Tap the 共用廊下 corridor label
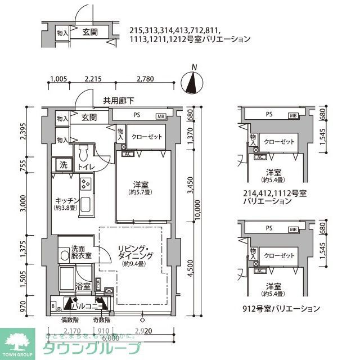(118, 101)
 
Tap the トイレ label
(85, 166)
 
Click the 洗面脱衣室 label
(82, 252)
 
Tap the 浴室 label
(83, 286)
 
